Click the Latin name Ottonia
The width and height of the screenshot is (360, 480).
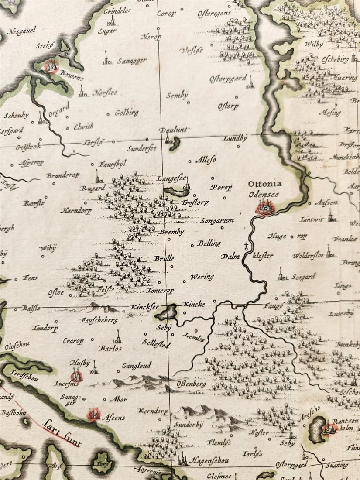[265, 184]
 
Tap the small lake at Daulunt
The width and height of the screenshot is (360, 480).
[175, 143]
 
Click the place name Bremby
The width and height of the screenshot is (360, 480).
[171, 232]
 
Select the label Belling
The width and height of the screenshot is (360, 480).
[209, 243]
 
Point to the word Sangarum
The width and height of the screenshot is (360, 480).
[217, 221]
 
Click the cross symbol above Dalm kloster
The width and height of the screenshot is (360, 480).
[247, 245]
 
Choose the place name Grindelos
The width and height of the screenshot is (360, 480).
[117, 10]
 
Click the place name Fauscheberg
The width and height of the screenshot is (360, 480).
[99, 320]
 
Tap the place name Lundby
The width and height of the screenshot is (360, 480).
[235, 138]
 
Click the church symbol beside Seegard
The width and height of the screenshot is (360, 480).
[283, 274]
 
